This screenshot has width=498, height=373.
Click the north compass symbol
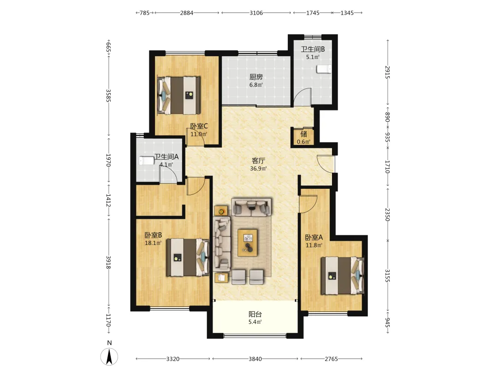[x=109, y=356]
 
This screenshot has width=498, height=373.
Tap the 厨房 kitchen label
[x=256, y=77]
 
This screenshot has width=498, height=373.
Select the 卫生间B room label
[x=313, y=49]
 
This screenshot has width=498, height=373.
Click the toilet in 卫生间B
[x=324, y=69]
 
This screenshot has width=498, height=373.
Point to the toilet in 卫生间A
[x=147, y=161]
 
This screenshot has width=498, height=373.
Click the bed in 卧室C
[x=179, y=95]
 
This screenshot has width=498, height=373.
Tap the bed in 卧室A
[x=342, y=276]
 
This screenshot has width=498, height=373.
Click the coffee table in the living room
[x=248, y=243]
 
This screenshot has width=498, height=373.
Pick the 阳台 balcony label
[x=255, y=315]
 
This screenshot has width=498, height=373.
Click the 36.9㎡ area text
[x=258, y=169]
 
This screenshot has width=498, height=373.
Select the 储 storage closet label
[x=303, y=134]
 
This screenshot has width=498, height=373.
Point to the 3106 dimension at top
[x=256, y=13]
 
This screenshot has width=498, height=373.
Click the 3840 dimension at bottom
[x=255, y=359]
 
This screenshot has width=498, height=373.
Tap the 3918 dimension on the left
[x=108, y=262]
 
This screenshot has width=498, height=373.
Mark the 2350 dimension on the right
[x=387, y=215]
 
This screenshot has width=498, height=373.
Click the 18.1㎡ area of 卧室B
[x=153, y=243]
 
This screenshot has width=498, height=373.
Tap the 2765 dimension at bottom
[x=331, y=359]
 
